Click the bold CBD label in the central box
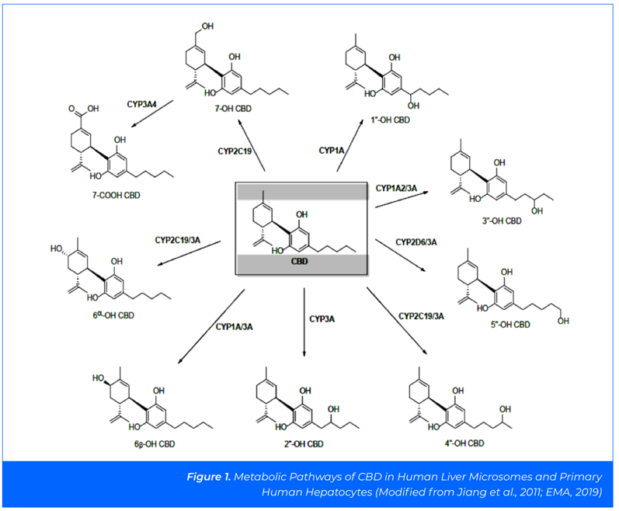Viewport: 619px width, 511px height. (299, 262)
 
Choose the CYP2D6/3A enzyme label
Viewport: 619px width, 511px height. (416, 243)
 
